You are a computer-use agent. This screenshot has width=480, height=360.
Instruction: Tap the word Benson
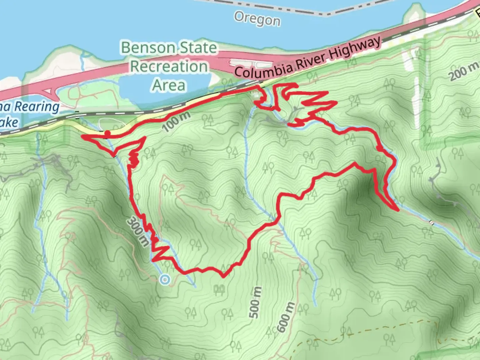point(149,48)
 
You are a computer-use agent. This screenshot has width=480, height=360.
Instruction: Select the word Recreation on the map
point(169,66)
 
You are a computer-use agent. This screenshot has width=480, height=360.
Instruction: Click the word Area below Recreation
point(169,85)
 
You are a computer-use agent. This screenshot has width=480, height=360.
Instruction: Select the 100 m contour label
point(178,121)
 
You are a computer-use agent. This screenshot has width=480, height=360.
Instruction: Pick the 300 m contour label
point(137,232)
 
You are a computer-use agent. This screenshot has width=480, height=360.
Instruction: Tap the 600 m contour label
point(286,317)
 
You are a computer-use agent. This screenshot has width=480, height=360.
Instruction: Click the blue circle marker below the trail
point(164,280)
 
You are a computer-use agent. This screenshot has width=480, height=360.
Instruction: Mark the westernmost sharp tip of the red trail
point(83,137)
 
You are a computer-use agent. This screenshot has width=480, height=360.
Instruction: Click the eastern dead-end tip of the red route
point(398,210)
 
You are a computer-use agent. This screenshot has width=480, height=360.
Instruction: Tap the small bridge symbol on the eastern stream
point(432,223)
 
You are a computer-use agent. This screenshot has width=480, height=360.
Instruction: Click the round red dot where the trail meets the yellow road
point(107,134)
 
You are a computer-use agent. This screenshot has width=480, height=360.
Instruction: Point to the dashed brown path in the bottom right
point(367,328)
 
